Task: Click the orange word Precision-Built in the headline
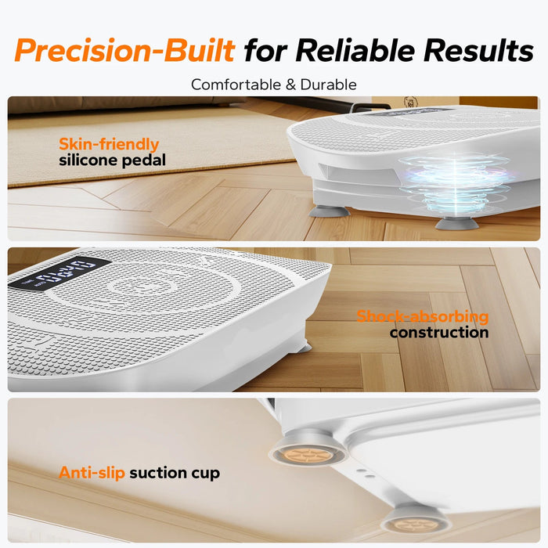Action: pos(124,51)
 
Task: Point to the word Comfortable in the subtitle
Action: pos(233,84)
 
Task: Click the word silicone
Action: pos(88,160)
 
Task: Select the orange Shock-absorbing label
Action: pos(422,317)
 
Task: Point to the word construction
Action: pos(439,333)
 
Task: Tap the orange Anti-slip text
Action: pos(92,473)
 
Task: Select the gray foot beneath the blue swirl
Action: pos(456,224)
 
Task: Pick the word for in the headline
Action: pos(267,51)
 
